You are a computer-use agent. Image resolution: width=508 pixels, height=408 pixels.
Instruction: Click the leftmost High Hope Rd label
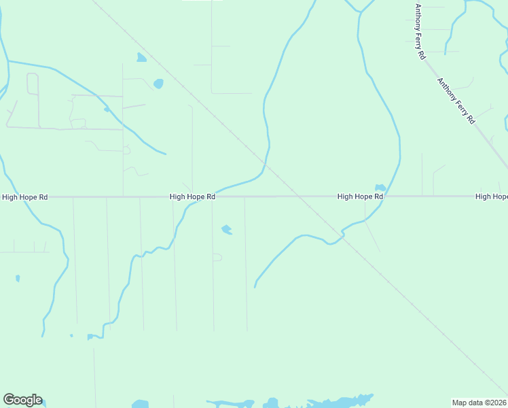[25, 197]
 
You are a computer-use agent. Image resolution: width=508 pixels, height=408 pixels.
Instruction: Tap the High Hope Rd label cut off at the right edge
[492, 197]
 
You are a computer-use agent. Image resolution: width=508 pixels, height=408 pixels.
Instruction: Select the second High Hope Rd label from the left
[192, 197]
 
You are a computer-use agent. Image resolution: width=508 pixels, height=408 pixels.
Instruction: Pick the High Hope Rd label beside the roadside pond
[360, 197]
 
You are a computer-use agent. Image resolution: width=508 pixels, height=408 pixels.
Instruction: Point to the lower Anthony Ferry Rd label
[456, 100]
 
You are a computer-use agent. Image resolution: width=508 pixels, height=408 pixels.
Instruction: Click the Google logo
[22, 400]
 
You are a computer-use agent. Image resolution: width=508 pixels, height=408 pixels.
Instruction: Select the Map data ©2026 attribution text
[479, 403]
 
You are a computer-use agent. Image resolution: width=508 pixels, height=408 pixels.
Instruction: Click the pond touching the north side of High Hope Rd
[380, 188]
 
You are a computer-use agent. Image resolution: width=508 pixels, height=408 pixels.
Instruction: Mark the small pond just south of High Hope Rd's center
[227, 230]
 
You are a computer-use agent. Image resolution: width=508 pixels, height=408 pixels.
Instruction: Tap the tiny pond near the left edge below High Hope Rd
[18, 278]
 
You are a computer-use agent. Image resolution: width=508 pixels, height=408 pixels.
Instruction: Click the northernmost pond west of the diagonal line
[141, 58]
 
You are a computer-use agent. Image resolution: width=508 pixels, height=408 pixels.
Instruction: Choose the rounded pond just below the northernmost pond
[158, 84]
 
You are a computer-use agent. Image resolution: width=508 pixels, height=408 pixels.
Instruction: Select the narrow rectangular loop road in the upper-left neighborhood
[33, 84]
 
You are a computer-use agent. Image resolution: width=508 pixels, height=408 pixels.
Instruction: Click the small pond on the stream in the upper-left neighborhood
[107, 109]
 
